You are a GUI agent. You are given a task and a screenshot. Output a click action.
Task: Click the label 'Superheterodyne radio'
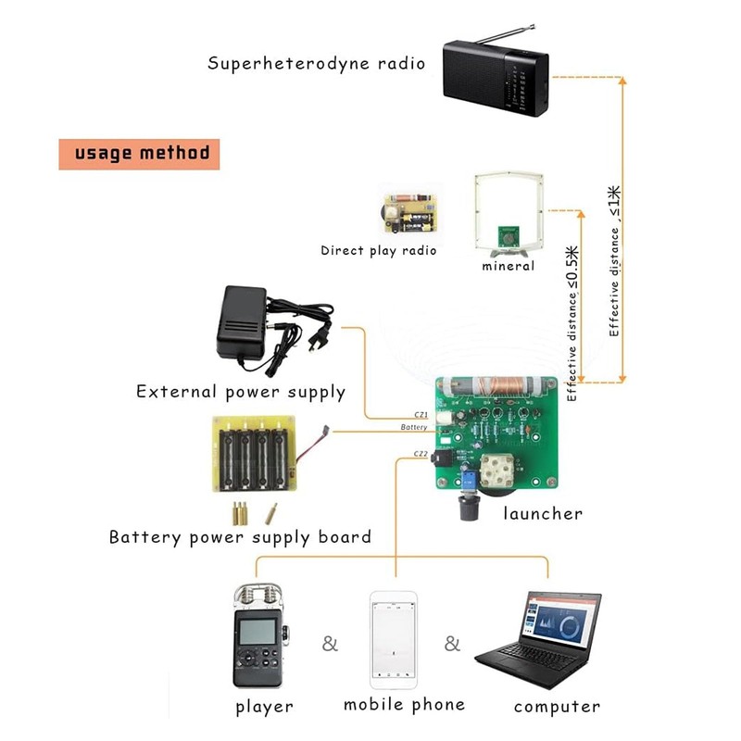click(x=316, y=64)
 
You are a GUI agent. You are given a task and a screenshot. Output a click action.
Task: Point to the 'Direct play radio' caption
click(x=378, y=250)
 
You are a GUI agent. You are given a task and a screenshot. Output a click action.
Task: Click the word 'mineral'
click(x=508, y=267)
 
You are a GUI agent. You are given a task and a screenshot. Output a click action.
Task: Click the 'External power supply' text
click(x=240, y=392)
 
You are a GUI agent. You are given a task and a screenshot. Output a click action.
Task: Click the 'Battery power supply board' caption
click(x=240, y=537)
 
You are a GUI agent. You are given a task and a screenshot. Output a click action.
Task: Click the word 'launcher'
click(x=542, y=513)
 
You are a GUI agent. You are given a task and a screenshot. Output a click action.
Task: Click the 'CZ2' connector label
click(x=420, y=453)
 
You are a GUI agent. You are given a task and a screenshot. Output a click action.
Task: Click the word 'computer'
click(x=557, y=707)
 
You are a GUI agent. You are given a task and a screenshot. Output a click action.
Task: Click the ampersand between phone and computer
click(x=452, y=644)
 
